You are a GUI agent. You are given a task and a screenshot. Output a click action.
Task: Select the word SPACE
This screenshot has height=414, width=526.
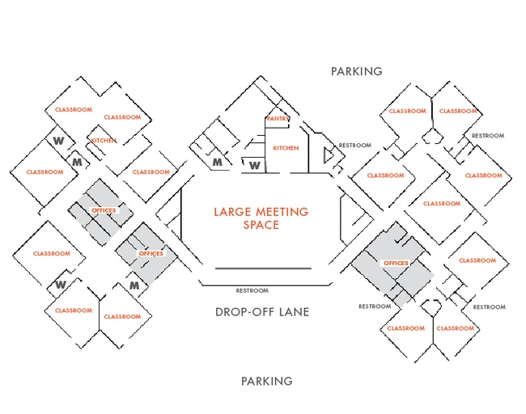pos(261,224)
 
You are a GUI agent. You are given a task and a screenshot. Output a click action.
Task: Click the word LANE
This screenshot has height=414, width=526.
pos(293,312)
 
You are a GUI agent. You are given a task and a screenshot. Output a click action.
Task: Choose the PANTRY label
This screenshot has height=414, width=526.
pos(278,119)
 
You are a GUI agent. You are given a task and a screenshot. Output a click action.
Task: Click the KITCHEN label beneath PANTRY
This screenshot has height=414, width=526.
pos(286,148)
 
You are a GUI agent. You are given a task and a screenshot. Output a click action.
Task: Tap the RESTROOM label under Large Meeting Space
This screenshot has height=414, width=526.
pos(252,290)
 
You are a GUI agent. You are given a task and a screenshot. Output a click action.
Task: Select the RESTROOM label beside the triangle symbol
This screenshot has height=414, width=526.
pos(355,146)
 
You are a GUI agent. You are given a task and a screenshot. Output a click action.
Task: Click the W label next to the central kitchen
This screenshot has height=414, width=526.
pos(254,165)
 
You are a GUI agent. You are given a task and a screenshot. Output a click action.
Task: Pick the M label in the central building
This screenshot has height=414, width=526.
pos(217,163)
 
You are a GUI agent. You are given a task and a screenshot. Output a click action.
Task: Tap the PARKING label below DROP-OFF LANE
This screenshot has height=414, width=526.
pos(267,381)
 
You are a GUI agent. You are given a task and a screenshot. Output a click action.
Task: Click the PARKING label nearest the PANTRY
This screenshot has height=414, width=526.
pos(356,71)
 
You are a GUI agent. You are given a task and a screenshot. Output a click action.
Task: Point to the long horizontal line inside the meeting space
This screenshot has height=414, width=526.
pos(263,268)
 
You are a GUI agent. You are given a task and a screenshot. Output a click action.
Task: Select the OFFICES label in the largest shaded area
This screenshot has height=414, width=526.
pos(396,264)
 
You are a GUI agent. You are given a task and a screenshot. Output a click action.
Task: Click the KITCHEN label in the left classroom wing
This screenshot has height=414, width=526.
pos(104,141)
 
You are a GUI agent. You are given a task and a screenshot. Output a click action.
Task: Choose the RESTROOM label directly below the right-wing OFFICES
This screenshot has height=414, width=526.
pos(375,306)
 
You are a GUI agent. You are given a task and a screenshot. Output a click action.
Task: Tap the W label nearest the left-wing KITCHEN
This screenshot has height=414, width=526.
pos(58,140)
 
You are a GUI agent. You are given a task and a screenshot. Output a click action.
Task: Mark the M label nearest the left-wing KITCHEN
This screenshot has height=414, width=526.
pos(78,162)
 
